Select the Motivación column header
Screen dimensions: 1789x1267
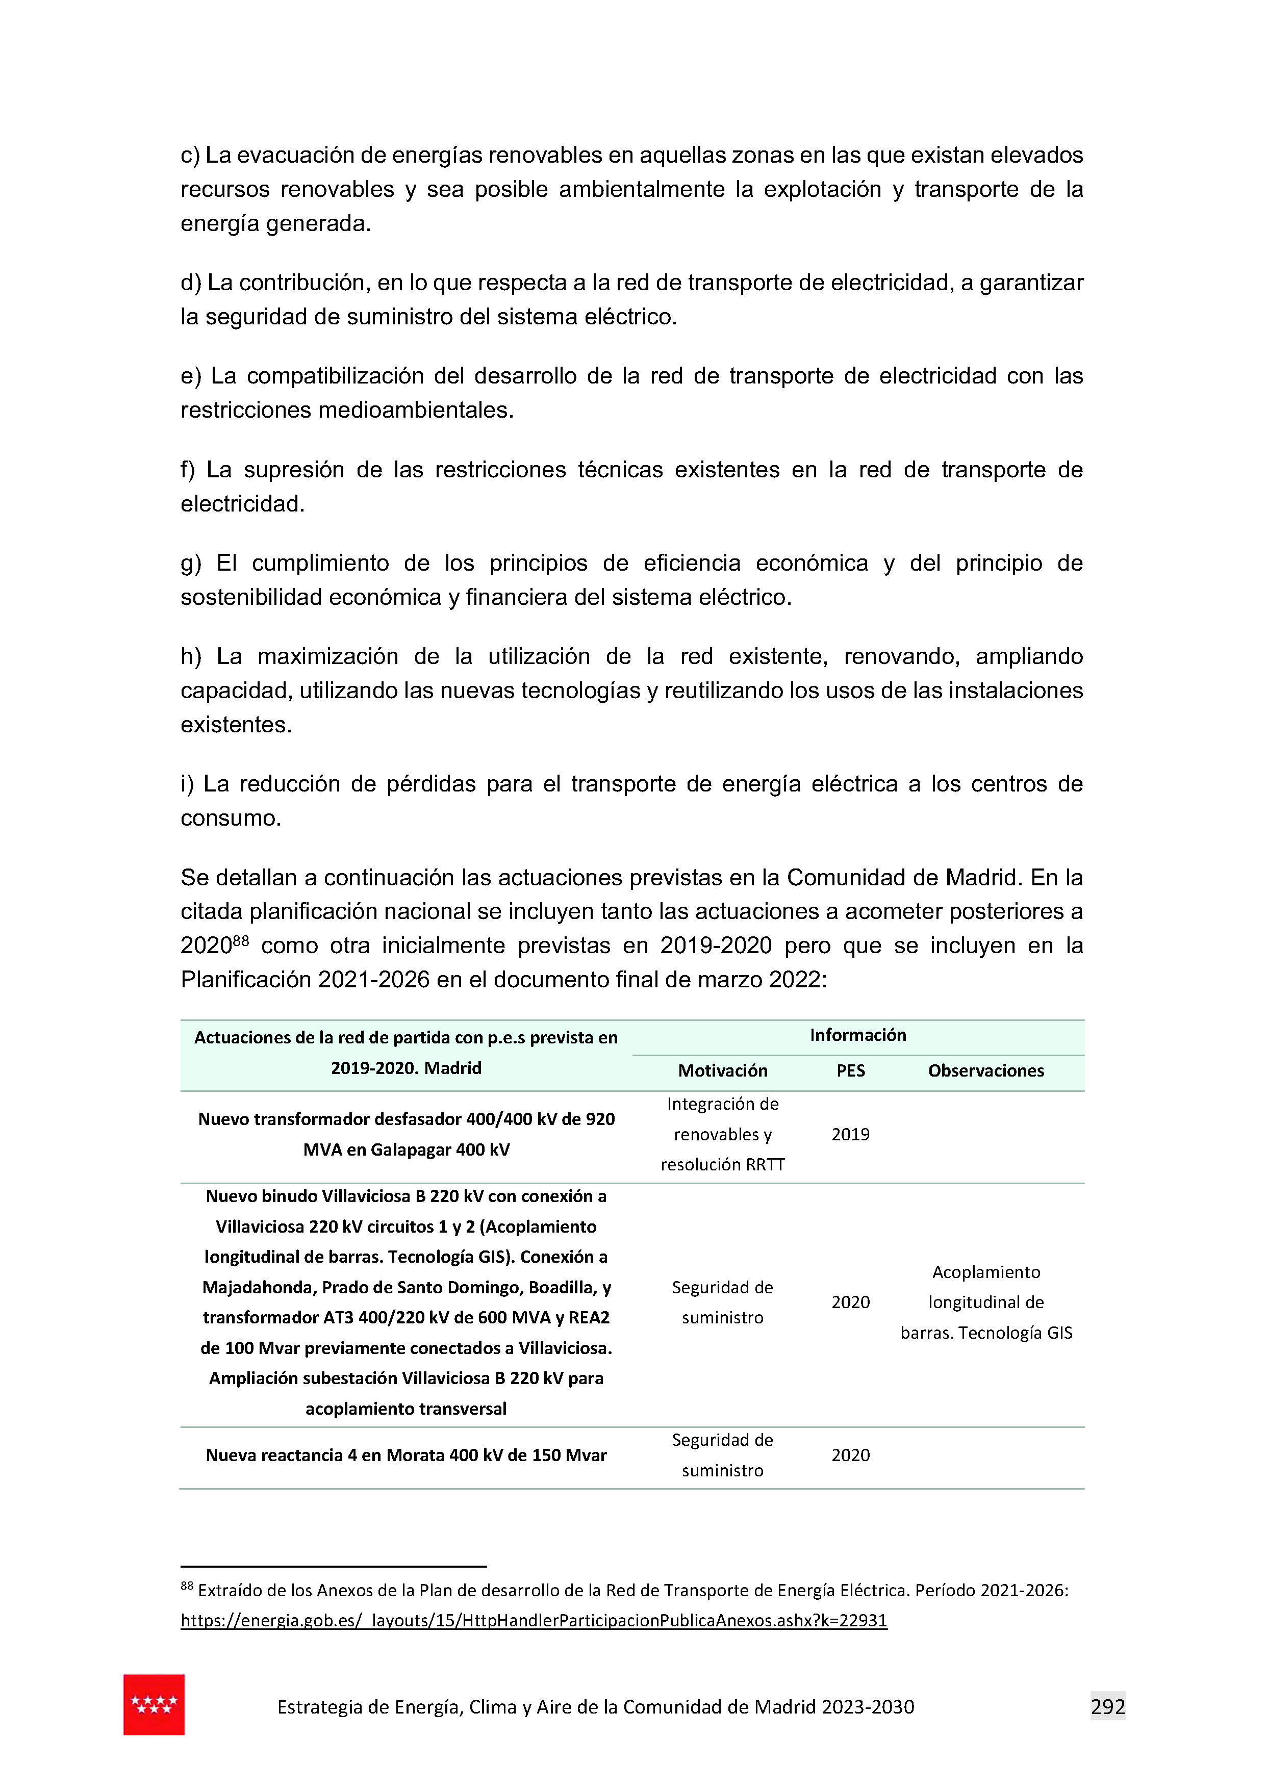click(x=722, y=1071)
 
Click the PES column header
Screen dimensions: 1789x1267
click(x=850, y=1071)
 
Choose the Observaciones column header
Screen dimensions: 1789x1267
click(x=985, y=1071)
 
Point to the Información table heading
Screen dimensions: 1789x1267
click(x=857, y=1035)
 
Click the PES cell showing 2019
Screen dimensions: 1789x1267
click(x=850, y=1135)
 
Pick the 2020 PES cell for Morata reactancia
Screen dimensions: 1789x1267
click(x=850, y=1455)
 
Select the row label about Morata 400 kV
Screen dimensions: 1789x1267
click(x=406, y=1455)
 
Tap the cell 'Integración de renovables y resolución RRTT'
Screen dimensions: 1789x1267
click(x=722, y=1135)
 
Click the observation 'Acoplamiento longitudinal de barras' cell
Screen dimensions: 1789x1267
click(x=985, y=1302)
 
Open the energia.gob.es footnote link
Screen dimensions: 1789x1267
click(x=534, y=1621)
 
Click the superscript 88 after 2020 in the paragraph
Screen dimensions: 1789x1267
click(x=240, y=940)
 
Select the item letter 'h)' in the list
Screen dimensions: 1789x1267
click(x=191, y=657)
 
